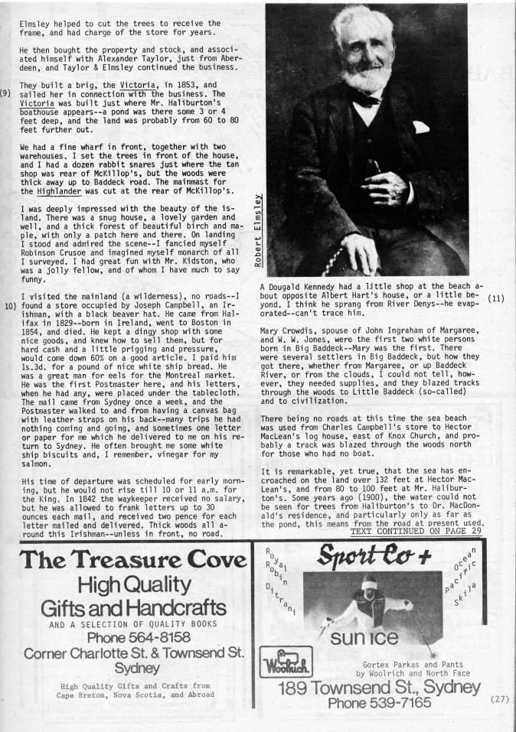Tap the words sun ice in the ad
(364, 636)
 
